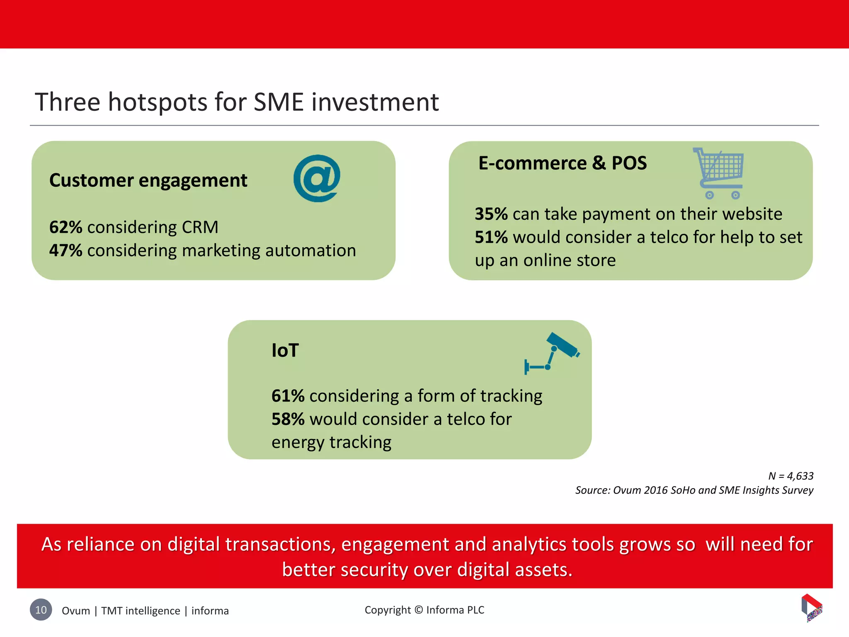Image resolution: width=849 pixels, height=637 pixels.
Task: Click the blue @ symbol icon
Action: click(x=317, y=178)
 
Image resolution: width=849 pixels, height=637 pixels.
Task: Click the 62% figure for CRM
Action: click(x=65, y=227)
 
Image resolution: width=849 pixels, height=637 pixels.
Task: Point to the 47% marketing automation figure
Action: click(x=65, y=250)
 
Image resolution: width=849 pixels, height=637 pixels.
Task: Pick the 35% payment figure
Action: click(x=491, y=214)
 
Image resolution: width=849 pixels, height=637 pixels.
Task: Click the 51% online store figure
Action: click(x=491, y=237)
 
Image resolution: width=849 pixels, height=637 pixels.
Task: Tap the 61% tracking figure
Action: click(x=288, y=396)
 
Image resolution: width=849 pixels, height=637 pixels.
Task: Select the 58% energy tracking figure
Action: click(x=288, y=419)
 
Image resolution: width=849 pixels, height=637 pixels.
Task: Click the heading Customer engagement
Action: click(x=148, y=180)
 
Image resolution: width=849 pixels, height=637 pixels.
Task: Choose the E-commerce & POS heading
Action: click(x=562, y=163)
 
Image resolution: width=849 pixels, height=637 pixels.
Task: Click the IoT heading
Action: click(x=285, y=350)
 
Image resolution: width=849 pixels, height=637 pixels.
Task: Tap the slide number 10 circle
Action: click(x=41, y=610)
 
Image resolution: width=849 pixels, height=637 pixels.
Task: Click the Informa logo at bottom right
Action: click(x=812, y=608)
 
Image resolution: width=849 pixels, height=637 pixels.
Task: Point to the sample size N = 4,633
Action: click(x=791, y=476)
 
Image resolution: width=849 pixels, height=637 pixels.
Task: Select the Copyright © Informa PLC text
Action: click(x=424, y=610)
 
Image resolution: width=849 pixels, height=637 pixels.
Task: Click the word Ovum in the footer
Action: click(x=75, y=611)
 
